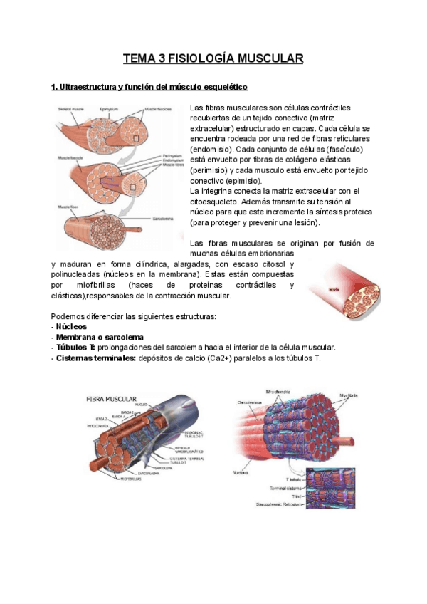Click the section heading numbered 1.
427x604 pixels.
coord(149,88)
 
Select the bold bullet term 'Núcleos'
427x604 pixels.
coord(72,326)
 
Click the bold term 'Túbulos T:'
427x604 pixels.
coord(76,347)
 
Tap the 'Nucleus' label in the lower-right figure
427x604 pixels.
coord(238,472)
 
